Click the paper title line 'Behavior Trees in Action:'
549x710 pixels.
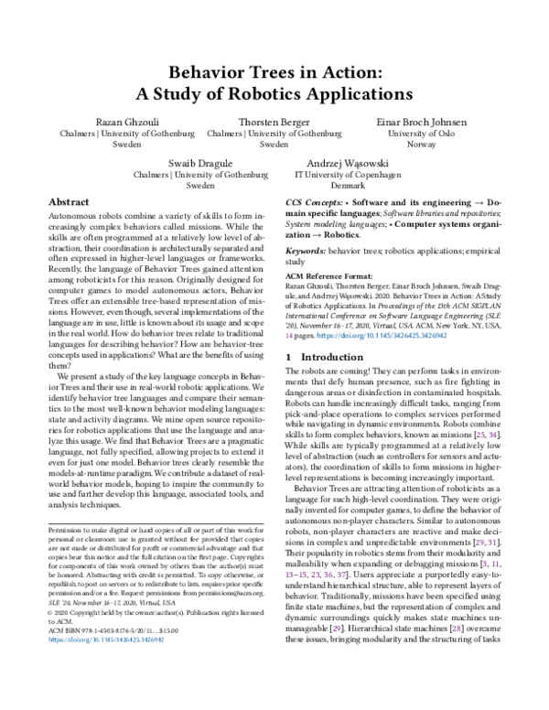pyautogui.click(x=274, y=72)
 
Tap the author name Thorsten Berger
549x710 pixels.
pyautogui.click(x=274, y=121)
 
